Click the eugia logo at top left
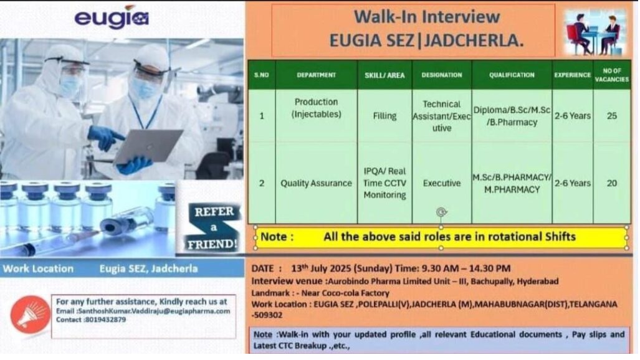point(112,17)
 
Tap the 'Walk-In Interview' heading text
point(426,17)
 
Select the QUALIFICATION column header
point(512,75)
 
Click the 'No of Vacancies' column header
point(611,75)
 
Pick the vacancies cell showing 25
point(611,116)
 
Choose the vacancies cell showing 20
point(611,183)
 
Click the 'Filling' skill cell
point(384,116)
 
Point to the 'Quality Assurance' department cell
point(316,183)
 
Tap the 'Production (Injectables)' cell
point(316,108)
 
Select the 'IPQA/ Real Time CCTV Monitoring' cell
point(384,183)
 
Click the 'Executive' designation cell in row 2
point(442,183)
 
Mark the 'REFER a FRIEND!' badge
point(213,227)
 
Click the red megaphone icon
point(30,315)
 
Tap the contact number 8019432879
point(105,320)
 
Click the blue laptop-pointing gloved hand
point(105,138)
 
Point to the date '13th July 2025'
point(321,268)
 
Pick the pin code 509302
point(269,315)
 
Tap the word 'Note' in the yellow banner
point(273,237)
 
